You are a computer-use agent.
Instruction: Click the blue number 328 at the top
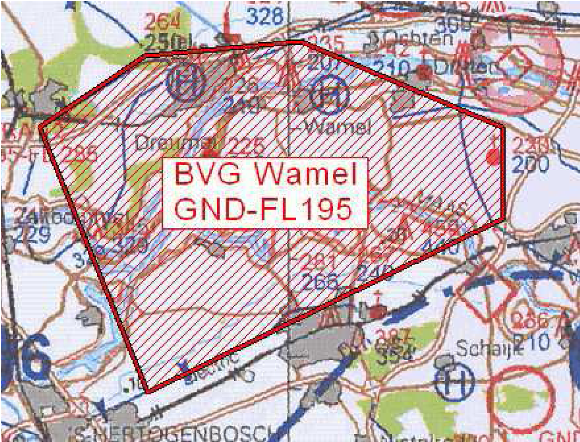point(264,17)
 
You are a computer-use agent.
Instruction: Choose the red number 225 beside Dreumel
point(246,146)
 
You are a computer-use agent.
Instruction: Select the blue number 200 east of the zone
point(530,164)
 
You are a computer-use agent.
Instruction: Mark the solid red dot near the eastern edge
point(492,157)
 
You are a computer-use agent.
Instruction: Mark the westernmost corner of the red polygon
point(40,126)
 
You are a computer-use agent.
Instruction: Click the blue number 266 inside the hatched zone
point(321,282)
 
